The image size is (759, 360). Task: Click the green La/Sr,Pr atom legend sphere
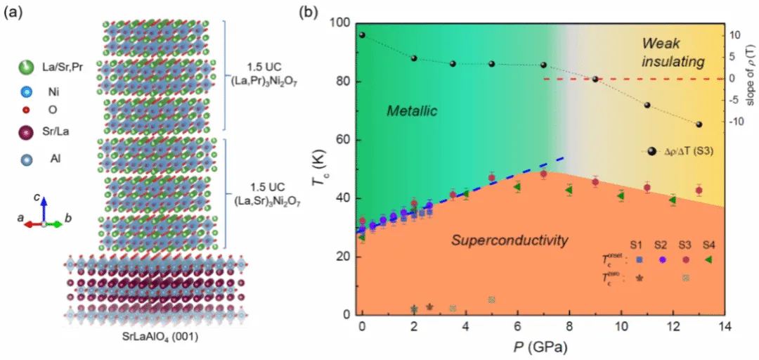pos(26,67)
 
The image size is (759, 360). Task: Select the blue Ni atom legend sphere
pos(26,91)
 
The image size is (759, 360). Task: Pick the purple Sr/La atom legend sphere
pos(26,132)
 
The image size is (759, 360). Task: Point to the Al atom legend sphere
pos(26,159)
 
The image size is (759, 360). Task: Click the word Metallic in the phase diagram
pos(412,111)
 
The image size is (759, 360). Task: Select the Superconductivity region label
pos(510,241)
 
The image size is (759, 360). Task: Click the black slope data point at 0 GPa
pos(362,34)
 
